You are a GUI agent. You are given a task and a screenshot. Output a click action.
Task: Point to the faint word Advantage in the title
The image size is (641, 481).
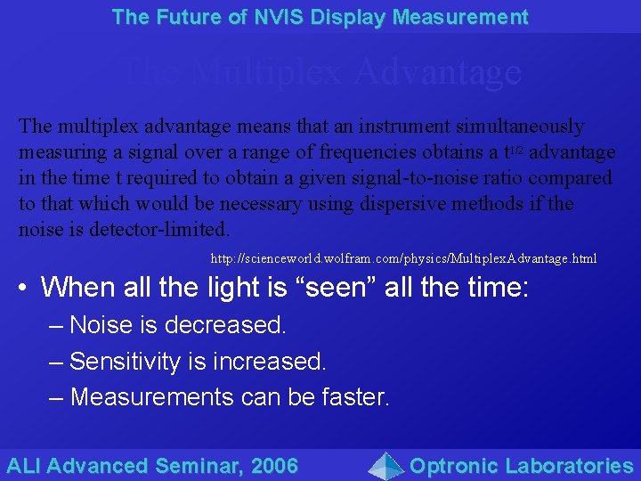point(436,72)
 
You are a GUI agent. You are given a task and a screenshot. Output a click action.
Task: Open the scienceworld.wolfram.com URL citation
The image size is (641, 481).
point(403,258)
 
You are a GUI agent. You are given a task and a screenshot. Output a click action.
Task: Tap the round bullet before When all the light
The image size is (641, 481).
point(25,288)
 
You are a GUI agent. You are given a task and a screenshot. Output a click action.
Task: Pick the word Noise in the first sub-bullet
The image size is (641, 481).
point(99,325)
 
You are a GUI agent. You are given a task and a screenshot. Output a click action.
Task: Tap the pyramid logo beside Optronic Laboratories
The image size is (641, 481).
point(385,465)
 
